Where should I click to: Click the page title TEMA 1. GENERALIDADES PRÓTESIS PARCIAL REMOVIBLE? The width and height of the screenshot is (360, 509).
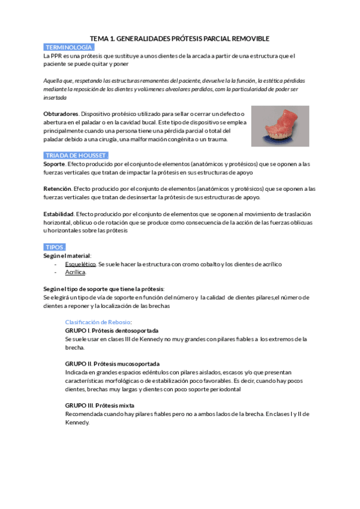point(179,38)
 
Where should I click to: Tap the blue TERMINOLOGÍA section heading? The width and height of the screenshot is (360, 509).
point(69,47)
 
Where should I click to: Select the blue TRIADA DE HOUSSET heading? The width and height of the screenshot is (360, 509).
point(76,155)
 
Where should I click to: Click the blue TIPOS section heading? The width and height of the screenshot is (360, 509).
point(55,247)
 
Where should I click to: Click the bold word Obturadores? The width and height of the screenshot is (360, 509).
point(61,113)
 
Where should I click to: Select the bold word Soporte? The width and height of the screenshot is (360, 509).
point(55,164)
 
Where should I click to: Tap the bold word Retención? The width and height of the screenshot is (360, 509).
point(58,188)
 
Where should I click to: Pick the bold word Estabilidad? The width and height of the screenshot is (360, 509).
point(59,214)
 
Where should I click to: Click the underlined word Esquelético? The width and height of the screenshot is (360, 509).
point(80,264)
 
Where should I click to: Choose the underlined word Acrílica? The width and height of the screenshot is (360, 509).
point(75,273)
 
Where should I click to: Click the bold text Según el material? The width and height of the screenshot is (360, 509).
point(67,256)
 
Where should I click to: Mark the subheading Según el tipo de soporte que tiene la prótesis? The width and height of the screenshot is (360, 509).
point(104,289)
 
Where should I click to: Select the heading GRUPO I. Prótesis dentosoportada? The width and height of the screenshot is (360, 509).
point(112,331)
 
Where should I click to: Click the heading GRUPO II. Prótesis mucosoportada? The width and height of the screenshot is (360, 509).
point(112,364)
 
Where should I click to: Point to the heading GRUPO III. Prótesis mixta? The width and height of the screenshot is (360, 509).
point(100,405)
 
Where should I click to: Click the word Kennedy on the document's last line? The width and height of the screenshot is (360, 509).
point(77,422)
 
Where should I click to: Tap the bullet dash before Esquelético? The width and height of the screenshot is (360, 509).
point(55,264)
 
